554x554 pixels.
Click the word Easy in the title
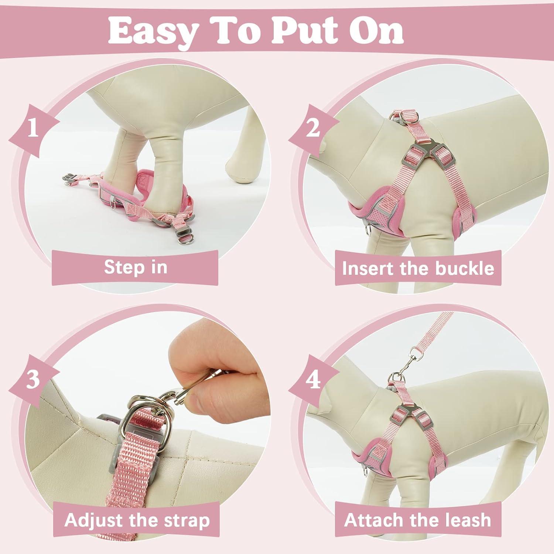pyautogui.click(x=152, y=31)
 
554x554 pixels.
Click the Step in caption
pyautogui.click(x=136, y=267)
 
